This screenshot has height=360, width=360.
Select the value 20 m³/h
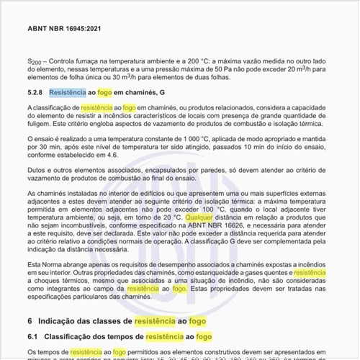click(312, 71)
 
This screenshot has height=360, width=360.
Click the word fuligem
click(39, 125)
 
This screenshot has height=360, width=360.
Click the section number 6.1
click(33, 336)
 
